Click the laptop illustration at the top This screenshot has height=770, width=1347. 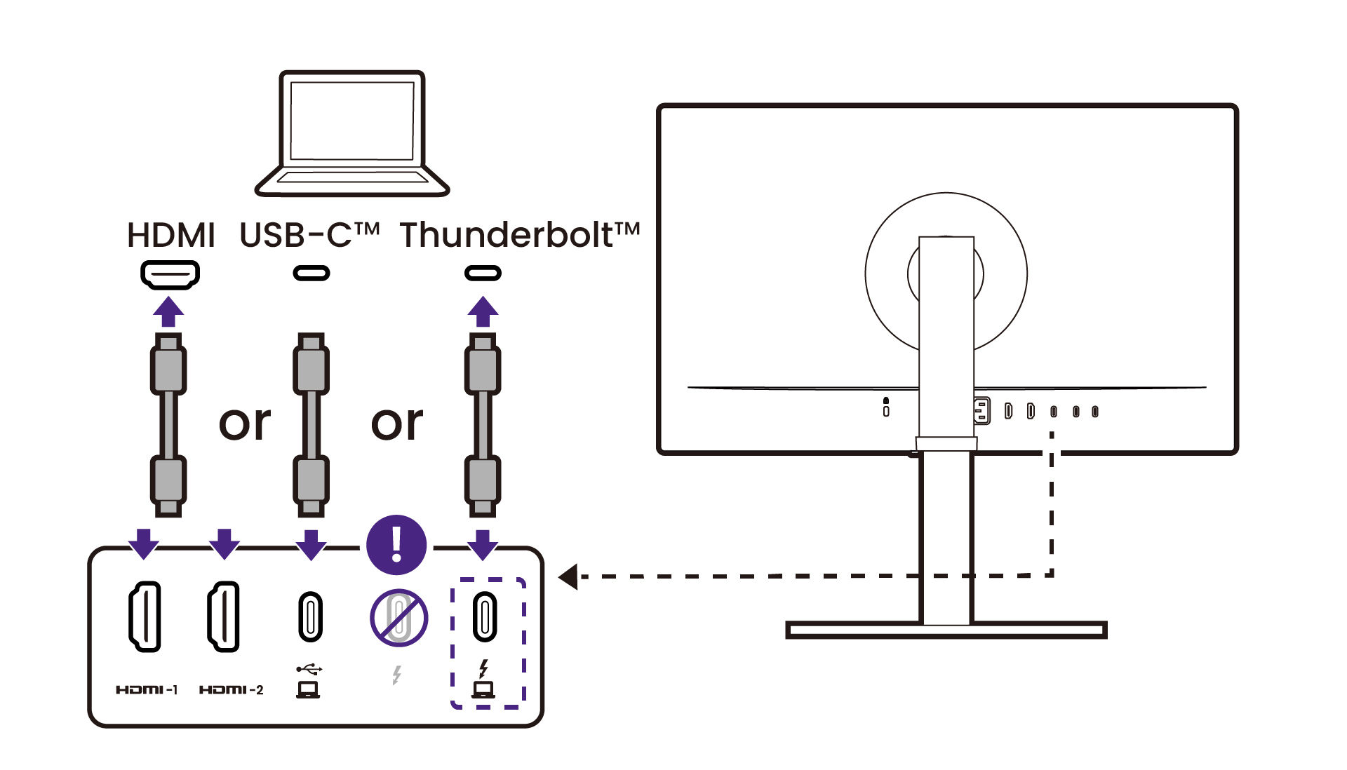pyautogui.click(x=351, y=133)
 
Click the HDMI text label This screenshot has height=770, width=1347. pyautogui.click(x=170, y=235)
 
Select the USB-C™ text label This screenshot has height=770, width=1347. pyautogui.click(x=309, y=235)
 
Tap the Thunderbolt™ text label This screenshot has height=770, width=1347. pyautogui.click(x=519, y=235)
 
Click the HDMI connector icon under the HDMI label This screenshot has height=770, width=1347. pyautogui.click(x=170, y=274)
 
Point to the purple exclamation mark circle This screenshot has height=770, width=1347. pyautogui.click(x=396, y=545)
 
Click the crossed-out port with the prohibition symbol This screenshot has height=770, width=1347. pyautogui.click(x=398, y=618)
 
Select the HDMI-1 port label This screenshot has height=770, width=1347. pyautogui.click(x=147, y=690)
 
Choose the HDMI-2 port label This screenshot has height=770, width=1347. pyautogui.click(x=231, y=690)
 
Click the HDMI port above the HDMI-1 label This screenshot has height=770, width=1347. pyautogui.click(x=145, y=616)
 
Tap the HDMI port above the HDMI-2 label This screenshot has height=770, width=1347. pyautogui.click(x=224, y=616)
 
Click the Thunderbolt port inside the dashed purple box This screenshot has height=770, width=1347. pyautogui.click(x=485, y=616)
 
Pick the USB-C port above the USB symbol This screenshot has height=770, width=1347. pyautogui.click(x=310, y=616)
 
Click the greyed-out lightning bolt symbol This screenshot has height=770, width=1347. pyautogui.click(x=396, y=675)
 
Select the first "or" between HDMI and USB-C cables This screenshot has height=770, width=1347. pyautogui.click(x=245, y=424)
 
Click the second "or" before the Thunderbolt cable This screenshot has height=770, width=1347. pyautogui.click(x=397, y=424)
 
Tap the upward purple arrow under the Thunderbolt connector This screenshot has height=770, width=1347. pyautogui.click(x=483, y=311)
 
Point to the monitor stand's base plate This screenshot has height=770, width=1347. pyautogui.click(x=946, y=630)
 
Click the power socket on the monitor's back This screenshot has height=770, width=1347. pyautogui.click(x=981, y=411)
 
